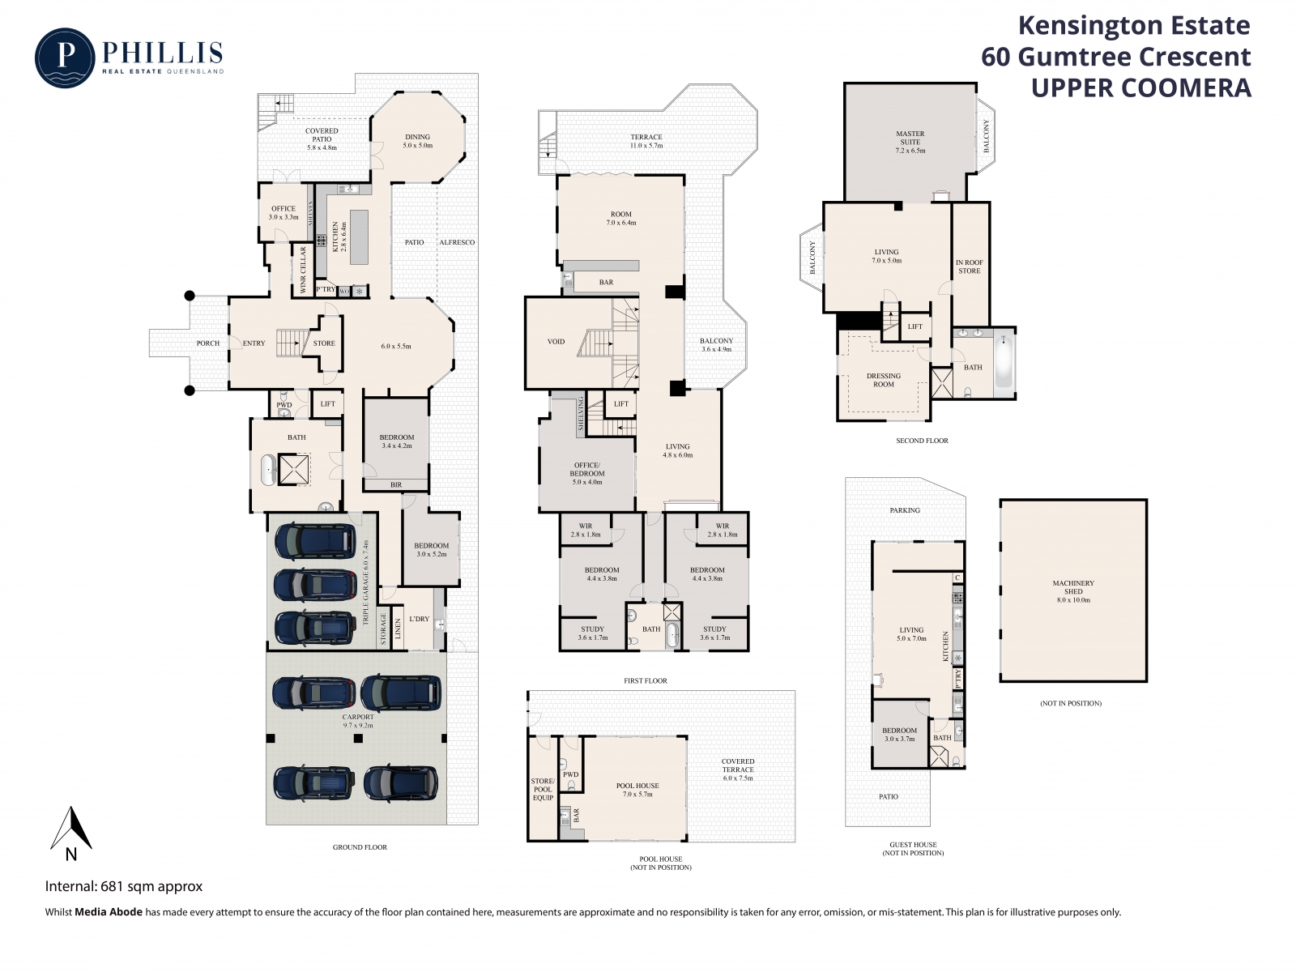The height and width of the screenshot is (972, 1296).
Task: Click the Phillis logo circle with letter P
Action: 65,58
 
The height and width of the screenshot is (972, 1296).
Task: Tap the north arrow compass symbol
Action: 70,833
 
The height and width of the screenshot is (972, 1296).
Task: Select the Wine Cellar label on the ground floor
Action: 304,271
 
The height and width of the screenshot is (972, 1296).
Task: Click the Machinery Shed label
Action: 1073,591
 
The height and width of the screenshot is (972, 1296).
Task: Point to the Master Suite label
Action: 910,142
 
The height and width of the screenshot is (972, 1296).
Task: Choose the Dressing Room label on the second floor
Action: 883,380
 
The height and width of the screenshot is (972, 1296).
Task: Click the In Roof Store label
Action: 969,266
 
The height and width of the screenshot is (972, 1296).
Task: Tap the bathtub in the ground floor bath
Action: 270,470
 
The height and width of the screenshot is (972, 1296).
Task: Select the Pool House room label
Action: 637,790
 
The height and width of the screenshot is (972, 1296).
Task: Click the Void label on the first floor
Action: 556,342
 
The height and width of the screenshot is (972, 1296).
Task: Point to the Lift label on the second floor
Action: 914,326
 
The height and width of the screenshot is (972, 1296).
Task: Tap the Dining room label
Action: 417,141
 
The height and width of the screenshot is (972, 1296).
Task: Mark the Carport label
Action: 358,721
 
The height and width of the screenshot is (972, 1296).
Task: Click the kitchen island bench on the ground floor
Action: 359,237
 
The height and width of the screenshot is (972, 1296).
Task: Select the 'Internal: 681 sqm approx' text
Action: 124,886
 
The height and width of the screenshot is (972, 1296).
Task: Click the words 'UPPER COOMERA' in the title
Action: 1140,88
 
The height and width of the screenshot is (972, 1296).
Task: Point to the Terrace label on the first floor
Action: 646,141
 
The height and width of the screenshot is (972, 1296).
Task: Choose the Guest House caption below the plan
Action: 913,849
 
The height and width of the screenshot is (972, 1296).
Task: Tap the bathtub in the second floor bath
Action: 1003,361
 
